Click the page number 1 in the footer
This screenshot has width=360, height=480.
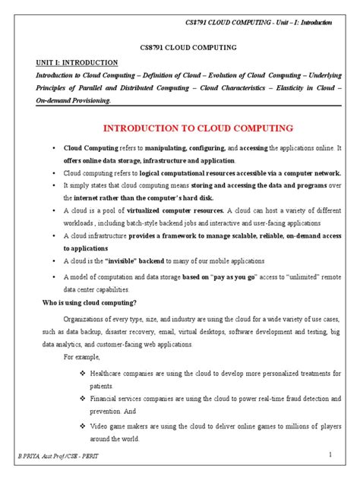(x=332, y=454)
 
